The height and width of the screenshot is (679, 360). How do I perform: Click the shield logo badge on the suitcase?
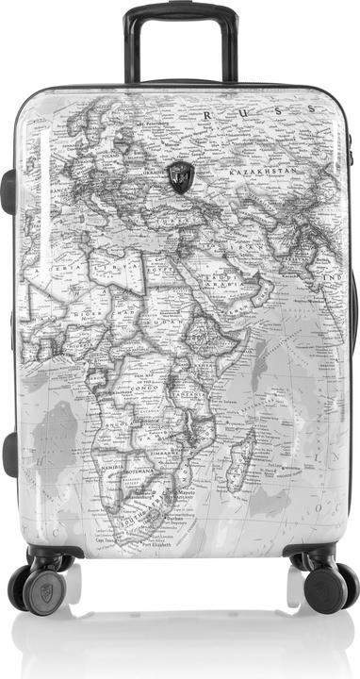(x=180, y=175)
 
